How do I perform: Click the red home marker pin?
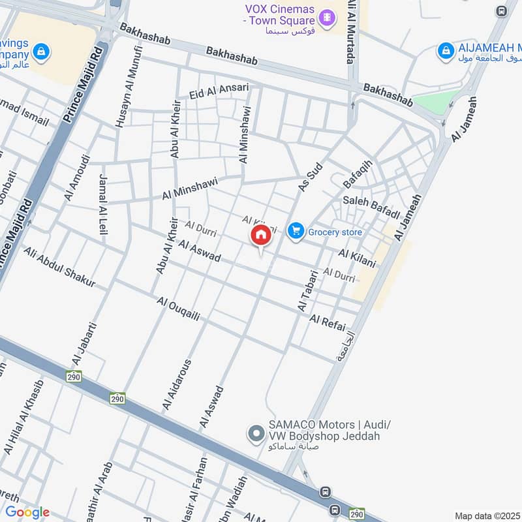(260, 237)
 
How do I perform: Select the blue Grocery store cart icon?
(296, 231)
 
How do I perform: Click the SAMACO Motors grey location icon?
(255, 433)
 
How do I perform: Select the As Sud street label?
(311, 178)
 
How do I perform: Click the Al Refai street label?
(327, 320)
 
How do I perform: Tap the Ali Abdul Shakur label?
(59, 268)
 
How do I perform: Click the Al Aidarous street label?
(177, 385)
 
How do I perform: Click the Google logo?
(27, 512)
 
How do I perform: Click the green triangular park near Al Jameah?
(435, 102)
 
